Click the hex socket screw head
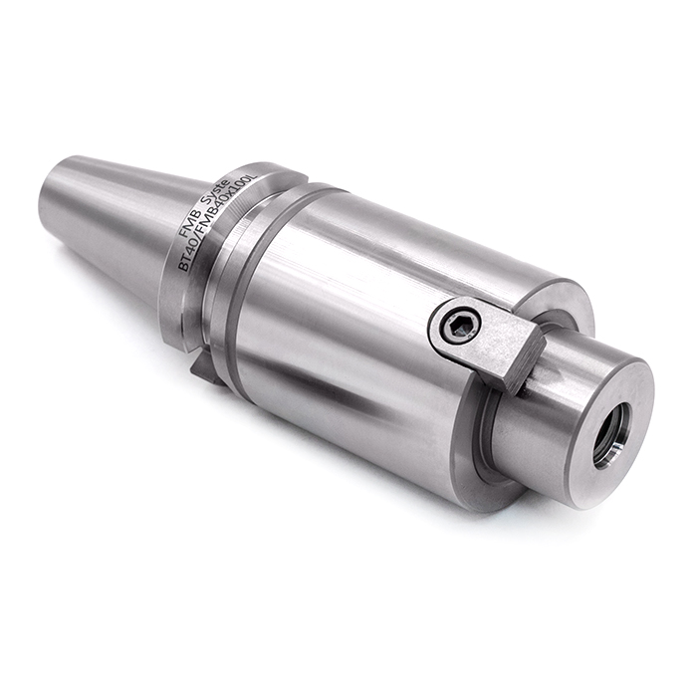pyautogui.click(x=460, y=326)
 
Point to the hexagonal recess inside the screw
pyautogui.click(x=460, y=326)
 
